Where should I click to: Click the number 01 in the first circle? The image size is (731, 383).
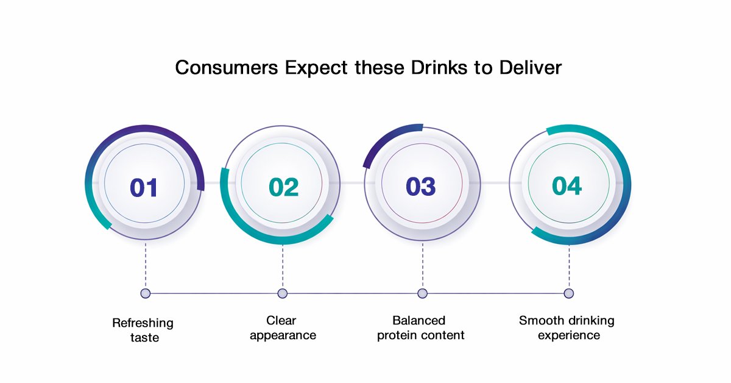coord(144,187)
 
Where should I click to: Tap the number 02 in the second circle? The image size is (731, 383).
coord(283,187)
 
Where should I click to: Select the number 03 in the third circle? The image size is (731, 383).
coord(421,187)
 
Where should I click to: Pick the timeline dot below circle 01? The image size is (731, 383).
coord(145,293)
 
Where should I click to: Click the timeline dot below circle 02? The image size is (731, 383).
coord(282,293)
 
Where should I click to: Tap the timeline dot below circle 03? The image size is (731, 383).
coord(422,293)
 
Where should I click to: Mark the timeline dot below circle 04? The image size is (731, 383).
coord(568,293)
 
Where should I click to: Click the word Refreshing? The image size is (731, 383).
coord(143,323)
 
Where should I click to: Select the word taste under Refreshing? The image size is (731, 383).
coord(144,337)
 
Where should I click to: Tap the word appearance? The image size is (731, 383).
coord(283,335)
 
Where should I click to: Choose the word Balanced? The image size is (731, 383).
coord(418,320)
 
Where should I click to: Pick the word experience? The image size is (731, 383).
coord(568,335)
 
